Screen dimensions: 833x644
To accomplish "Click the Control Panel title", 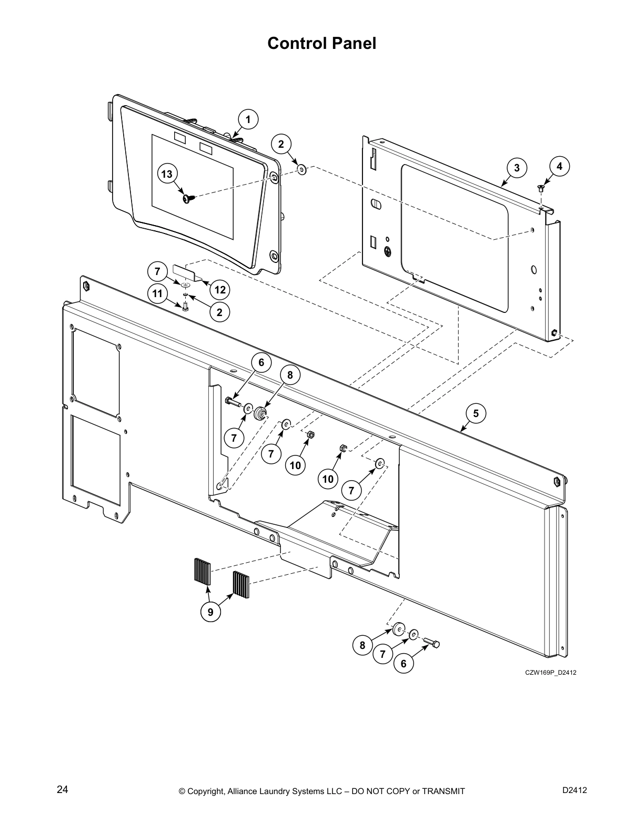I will click(x=321, y=43).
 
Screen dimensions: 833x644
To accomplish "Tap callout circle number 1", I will click(x=248, y=119).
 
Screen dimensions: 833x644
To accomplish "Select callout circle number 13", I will click(x=167, y=174).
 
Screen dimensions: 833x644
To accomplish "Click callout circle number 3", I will click(x=517, y=168).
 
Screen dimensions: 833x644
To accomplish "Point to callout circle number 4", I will click(x=559, y=166).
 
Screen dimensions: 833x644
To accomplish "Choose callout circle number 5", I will click(x=476, y=413).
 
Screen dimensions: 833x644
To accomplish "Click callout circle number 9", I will click(x=210, y=612).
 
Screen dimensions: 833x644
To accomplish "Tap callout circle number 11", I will click(x=157, y=293).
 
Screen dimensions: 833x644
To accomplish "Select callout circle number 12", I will click(x=219, y=290).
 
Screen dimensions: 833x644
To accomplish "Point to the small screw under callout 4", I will click(x=540, y=187).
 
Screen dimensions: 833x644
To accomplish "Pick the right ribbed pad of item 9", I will click(x=241, y=583).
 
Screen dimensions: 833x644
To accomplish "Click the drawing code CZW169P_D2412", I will click(x=547, y=673).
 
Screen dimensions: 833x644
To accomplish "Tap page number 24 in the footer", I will click(x=62, y=790).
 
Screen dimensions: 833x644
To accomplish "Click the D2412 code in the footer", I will click(x=575, y=790).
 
